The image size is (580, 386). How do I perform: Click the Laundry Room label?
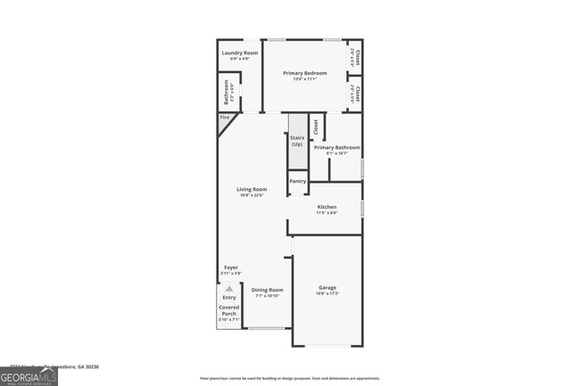click(239, 53)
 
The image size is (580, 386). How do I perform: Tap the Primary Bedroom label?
click(306, 72)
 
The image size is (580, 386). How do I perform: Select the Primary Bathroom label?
click(336, 147)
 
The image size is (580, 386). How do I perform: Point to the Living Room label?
click(252, 189)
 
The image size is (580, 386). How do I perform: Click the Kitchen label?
click(327, 207)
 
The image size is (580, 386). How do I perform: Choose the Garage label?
click(327, 287)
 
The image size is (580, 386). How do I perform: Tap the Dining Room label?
click(267, 290)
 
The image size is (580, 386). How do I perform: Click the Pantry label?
click(297, 181)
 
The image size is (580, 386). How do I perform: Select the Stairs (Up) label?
click(297, 141)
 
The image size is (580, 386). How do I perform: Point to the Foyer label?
click(230, 267)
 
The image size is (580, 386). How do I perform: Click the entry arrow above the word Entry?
click(229, 289)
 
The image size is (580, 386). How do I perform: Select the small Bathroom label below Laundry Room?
click(227, 92)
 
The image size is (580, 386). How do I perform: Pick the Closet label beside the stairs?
click(315, 127)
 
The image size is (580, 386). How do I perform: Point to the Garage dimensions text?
click(327, 293)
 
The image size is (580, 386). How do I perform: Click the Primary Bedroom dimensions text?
click(306, 79)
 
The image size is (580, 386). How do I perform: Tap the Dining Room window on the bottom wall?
click(265, 328)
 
